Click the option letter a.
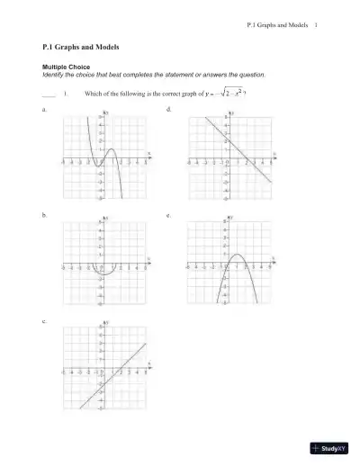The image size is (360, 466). pyautogui.click(x=44, y=109)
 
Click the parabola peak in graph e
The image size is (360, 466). pyautogui.click(x=237, y=256)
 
